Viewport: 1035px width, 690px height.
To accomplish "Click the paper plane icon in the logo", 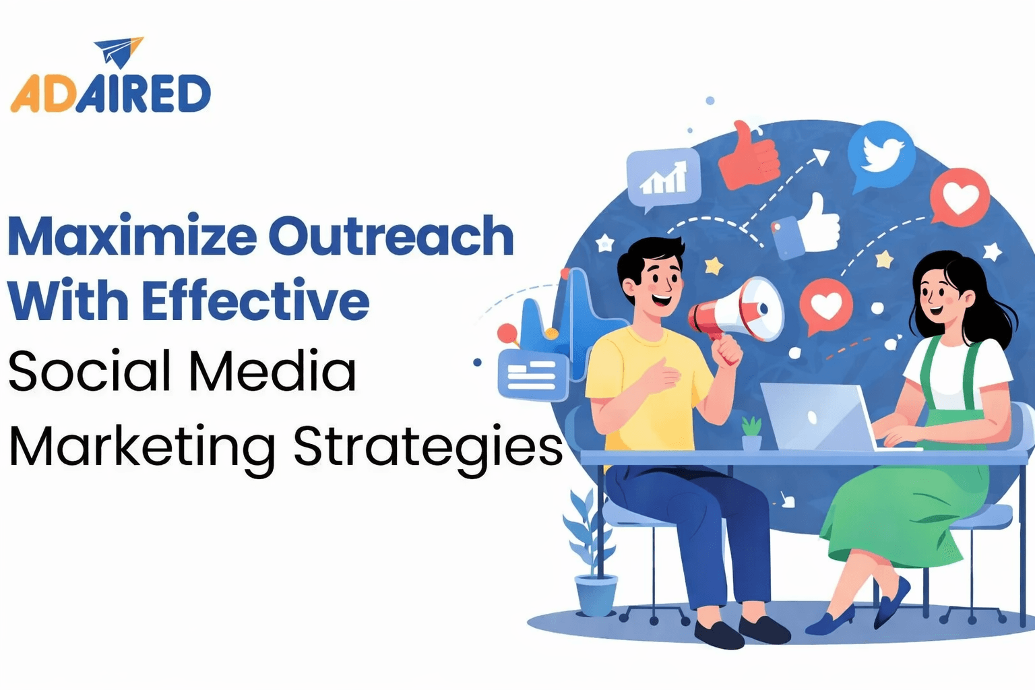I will click(x=119, y=52).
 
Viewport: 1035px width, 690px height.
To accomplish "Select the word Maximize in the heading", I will click(x=132, y=237).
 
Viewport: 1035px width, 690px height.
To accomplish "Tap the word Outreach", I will click(x=391, y=237).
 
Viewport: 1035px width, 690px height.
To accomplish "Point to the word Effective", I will click(x=255, y=301).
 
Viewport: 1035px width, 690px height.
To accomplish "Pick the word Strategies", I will click(x=428, y=447).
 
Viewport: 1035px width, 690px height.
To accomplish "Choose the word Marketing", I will click(x=142, y=447).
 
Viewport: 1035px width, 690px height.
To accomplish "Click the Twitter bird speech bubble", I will click(x=880, y=154).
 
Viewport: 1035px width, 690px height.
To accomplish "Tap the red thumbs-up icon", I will click(x=748, y=156).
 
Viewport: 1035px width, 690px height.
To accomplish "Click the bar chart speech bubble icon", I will click(x=663, y=177).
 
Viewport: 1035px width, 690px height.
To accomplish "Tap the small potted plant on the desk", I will click(x=751, y=433).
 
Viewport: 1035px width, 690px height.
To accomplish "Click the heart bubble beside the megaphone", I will click(x=825, y=306).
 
